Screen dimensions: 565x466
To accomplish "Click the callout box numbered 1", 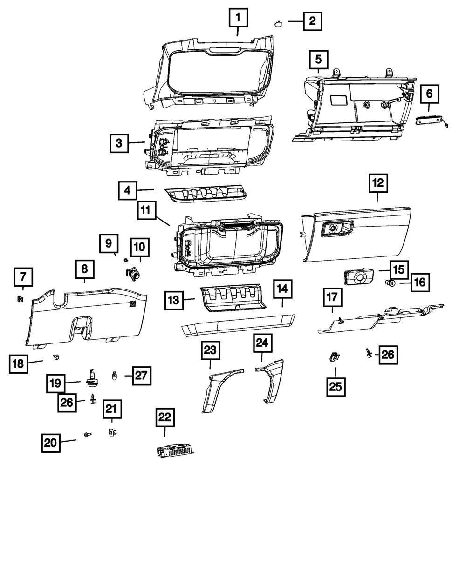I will pos(238,19).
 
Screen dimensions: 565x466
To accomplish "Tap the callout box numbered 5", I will pos(318,60).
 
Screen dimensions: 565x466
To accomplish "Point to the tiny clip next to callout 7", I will pos(21,299).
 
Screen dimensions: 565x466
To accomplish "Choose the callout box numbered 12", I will pos(377,183).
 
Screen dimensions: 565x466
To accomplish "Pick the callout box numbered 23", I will pos(210,351).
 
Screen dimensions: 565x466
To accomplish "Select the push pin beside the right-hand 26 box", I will pos(368,354).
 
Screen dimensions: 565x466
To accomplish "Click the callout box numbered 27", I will pos(142,375).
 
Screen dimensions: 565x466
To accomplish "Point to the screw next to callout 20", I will pos(87,434).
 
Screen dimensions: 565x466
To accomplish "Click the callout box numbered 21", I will pos(111,410).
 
